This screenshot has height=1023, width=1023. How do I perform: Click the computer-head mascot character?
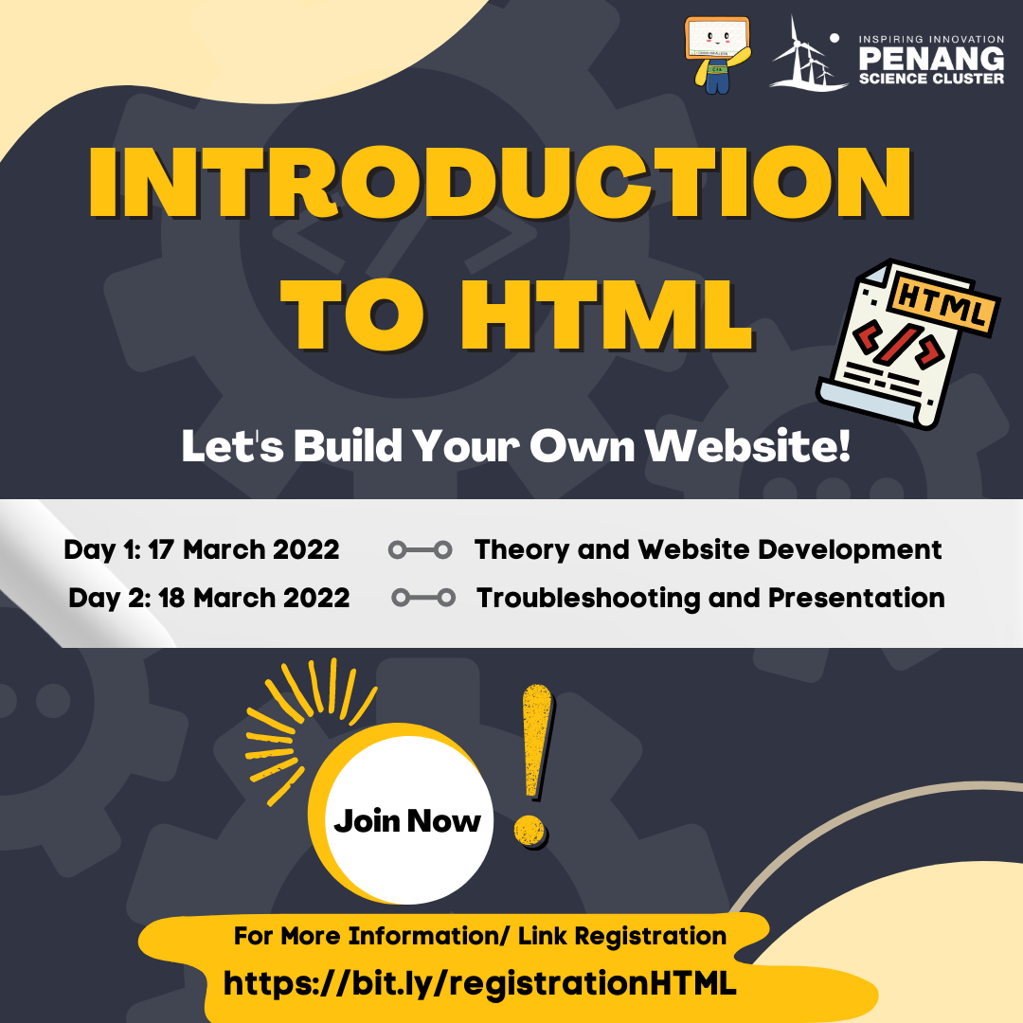point(717,56)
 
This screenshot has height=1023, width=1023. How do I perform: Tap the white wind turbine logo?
point(808,52)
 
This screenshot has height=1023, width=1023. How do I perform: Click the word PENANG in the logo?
point(931,60)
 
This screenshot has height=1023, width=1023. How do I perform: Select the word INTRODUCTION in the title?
point(500,182)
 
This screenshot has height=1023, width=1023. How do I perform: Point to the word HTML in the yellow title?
point(607,315)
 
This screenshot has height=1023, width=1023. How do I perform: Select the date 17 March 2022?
point(243,549)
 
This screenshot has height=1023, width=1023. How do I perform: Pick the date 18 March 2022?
point(254,598)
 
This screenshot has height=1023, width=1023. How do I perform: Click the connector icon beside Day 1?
point(421,550)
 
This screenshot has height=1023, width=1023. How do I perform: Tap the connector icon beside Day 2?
point(423,597)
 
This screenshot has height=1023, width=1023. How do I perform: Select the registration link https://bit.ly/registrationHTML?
point(479,983)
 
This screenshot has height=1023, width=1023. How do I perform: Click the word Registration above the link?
point(651,936)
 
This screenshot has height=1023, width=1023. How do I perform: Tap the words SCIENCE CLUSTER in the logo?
point(931,79)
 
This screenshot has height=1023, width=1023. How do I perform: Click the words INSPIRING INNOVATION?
point(931,39)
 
